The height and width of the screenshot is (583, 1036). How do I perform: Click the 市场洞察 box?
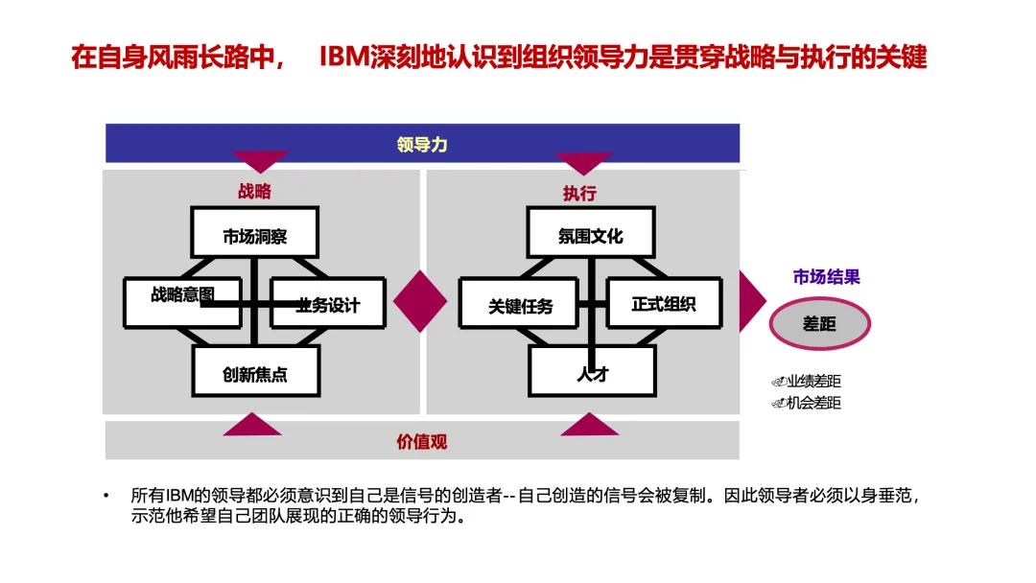coord(254,236)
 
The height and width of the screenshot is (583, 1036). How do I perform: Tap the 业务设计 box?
coord(327,304)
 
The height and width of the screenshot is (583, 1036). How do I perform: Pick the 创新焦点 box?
coord(254,373)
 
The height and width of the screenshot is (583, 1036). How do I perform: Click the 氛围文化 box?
coord(591,236)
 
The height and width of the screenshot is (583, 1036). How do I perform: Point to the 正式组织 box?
coord(664,304)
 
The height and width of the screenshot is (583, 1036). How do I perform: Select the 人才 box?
coord(592,373)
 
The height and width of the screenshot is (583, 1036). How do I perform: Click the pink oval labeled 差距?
coord(819,324)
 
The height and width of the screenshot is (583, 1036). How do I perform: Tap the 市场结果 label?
coord(826,277)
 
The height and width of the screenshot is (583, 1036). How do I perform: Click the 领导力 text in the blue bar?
coord(422,145)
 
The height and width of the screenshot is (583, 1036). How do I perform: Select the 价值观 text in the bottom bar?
coord(422,442)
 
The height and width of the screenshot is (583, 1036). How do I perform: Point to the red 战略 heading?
coord(254,192)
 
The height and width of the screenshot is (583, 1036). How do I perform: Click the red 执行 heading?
coord(579,193)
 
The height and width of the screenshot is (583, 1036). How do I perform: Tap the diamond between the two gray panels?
coord(420,301)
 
